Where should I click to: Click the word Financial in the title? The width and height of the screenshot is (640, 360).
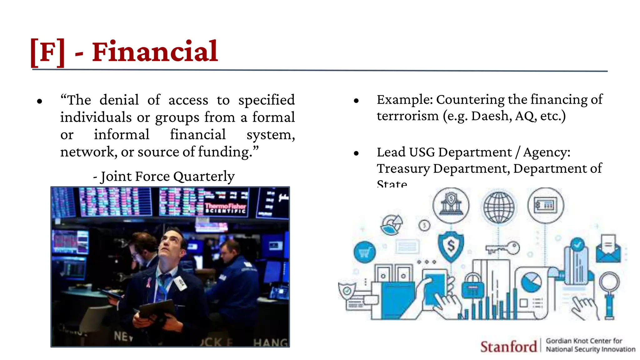click(155, 52)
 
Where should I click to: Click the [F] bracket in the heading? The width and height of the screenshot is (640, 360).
click(48, 52)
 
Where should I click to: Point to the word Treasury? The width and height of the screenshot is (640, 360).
click(403, 169)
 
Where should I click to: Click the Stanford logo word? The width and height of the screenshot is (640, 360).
click(508, 347)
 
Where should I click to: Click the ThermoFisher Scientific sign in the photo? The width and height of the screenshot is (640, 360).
click(225, 208)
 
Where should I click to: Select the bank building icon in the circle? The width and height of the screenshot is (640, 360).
click(451, 205)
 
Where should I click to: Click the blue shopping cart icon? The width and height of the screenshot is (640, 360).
click(365, 252)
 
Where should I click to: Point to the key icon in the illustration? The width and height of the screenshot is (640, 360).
click(502, 248)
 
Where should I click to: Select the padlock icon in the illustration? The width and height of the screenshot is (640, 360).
click(472, 286)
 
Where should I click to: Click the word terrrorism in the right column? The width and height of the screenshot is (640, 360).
click(407, 116)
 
